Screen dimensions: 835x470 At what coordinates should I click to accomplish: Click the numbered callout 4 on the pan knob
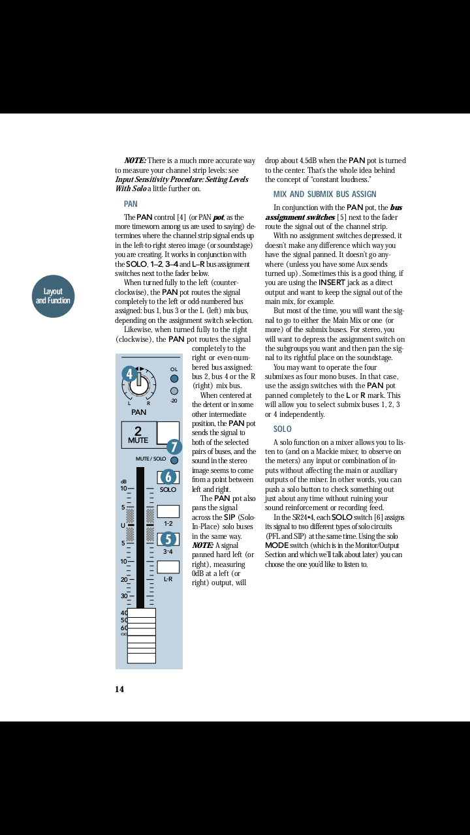129,374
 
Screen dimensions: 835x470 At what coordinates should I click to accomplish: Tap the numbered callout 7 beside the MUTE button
174,447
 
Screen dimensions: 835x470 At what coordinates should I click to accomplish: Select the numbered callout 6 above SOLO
168,477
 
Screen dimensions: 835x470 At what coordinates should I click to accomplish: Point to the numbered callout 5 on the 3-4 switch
168,539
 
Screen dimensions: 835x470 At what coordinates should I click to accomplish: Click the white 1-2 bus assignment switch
168,511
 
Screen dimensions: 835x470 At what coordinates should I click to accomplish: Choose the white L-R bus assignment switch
168,567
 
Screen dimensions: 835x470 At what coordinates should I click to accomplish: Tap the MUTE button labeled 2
138,434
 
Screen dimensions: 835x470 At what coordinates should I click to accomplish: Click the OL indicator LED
174,379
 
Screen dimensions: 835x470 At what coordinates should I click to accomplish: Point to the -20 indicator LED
174,391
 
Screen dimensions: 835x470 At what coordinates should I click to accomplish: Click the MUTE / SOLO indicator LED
174,461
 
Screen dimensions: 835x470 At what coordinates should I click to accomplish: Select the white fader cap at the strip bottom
141,635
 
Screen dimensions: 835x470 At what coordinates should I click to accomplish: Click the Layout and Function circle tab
53,296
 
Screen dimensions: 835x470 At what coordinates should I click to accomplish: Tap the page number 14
119,690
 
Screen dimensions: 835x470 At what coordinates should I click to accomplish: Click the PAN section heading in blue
131,204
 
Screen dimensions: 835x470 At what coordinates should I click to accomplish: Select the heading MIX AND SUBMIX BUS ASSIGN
324,194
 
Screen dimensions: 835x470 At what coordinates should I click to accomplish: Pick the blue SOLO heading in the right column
282,429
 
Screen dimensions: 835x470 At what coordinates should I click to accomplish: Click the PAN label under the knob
138,412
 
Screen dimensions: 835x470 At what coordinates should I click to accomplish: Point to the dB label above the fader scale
123,481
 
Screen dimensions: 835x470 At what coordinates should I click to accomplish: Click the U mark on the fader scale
123,525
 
